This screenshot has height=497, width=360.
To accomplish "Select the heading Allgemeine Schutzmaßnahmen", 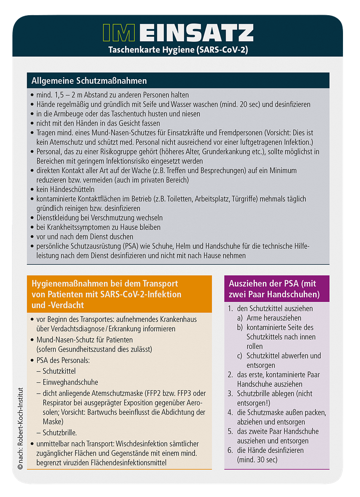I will [89, 81].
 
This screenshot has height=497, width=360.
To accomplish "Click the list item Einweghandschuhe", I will [70, 382].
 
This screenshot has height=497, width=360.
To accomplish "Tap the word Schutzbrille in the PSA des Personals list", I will [60, 433].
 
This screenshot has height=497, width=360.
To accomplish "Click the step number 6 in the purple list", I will [230, 450].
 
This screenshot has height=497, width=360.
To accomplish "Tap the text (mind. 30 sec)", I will [257, 459].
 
